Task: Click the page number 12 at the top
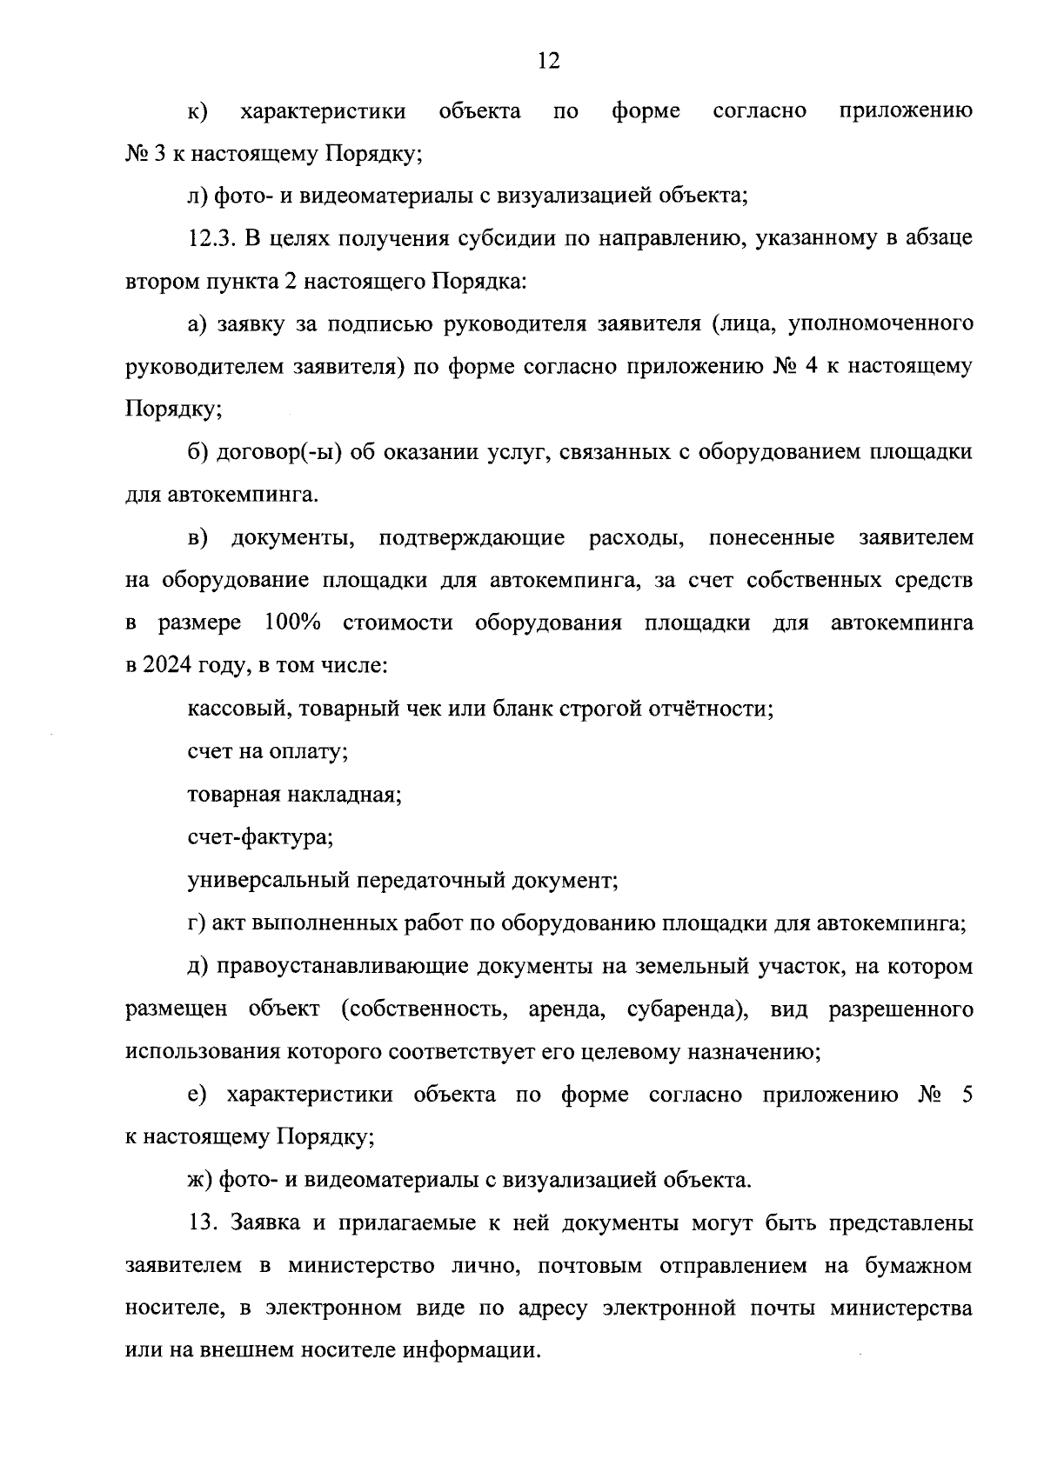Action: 549,60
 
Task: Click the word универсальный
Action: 268,880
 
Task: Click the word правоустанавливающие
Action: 341,966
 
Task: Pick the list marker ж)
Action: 200,1180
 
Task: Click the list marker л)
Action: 198,196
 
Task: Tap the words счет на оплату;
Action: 268,751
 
